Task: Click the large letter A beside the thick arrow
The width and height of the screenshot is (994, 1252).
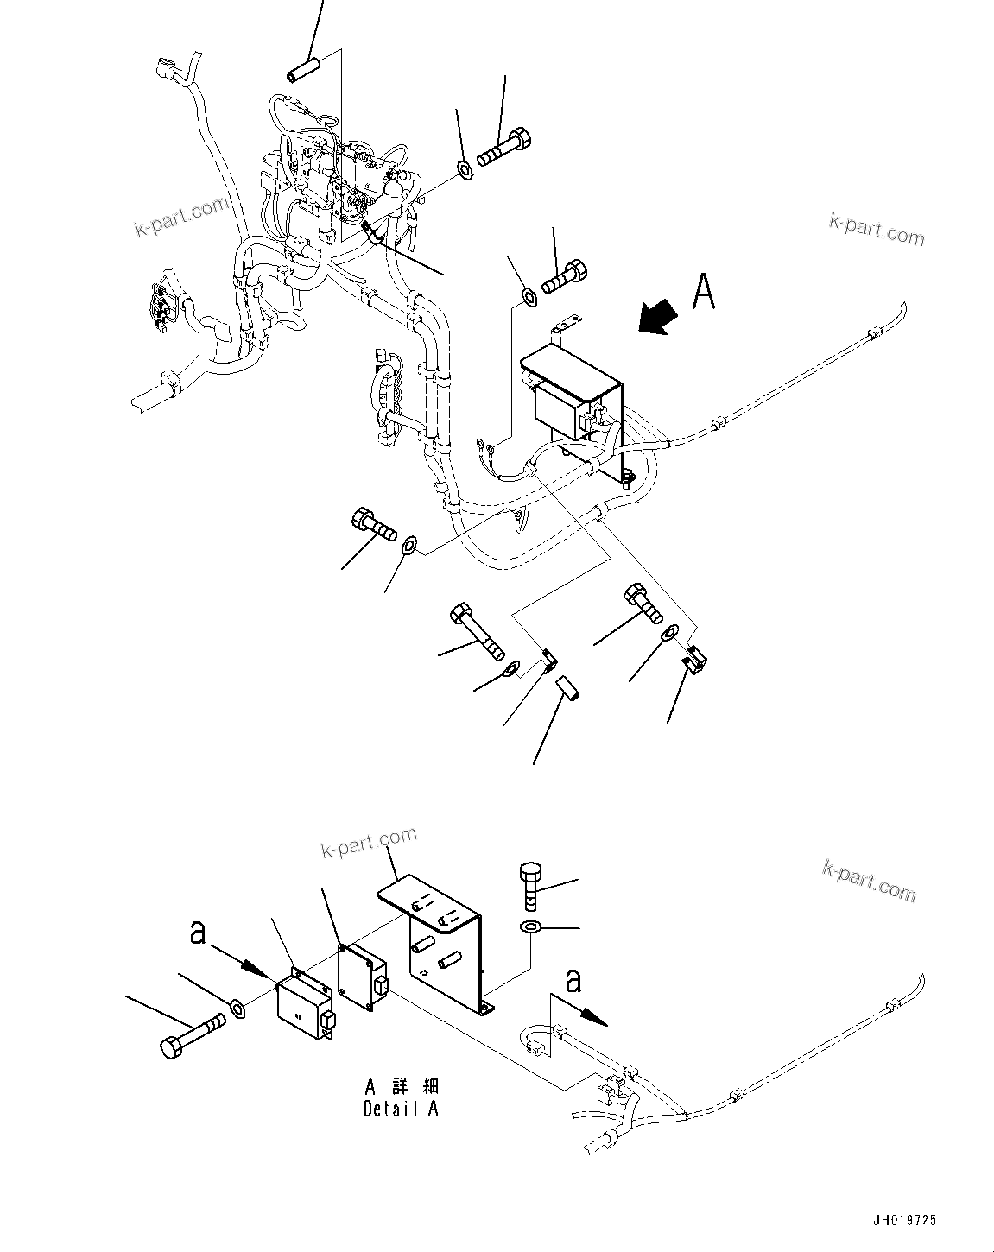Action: [704, 291]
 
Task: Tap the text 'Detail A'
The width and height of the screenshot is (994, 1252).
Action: [401, 1109]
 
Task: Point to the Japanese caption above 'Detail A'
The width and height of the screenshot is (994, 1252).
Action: [401, 1086]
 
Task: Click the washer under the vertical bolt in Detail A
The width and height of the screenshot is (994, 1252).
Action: [530, 927]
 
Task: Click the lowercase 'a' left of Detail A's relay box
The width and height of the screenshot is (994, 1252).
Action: [199, 934]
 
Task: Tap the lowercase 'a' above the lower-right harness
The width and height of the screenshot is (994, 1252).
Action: [573, 982]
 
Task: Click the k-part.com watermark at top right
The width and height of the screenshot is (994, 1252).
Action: [876, 230]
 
